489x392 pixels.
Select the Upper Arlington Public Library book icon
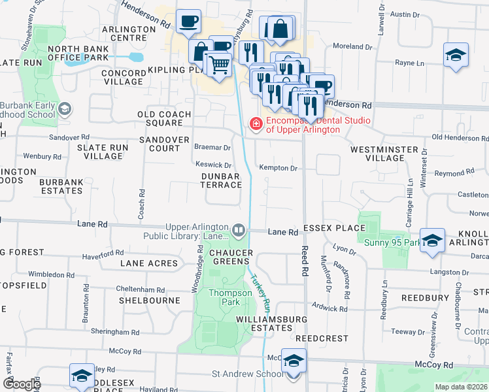(238, 230)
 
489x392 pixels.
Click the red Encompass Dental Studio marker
(256, 122)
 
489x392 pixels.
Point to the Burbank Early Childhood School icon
(64, 109)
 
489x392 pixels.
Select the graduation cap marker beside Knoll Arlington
(431, 240)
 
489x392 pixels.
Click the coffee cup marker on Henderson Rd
(188, 21)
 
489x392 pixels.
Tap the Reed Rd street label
(305, 255)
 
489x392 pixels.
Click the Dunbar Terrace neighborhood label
(222, 180)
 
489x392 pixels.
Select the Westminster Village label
(384, 154)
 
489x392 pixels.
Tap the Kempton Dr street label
(278, 168)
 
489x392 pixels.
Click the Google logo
(21, 384)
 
